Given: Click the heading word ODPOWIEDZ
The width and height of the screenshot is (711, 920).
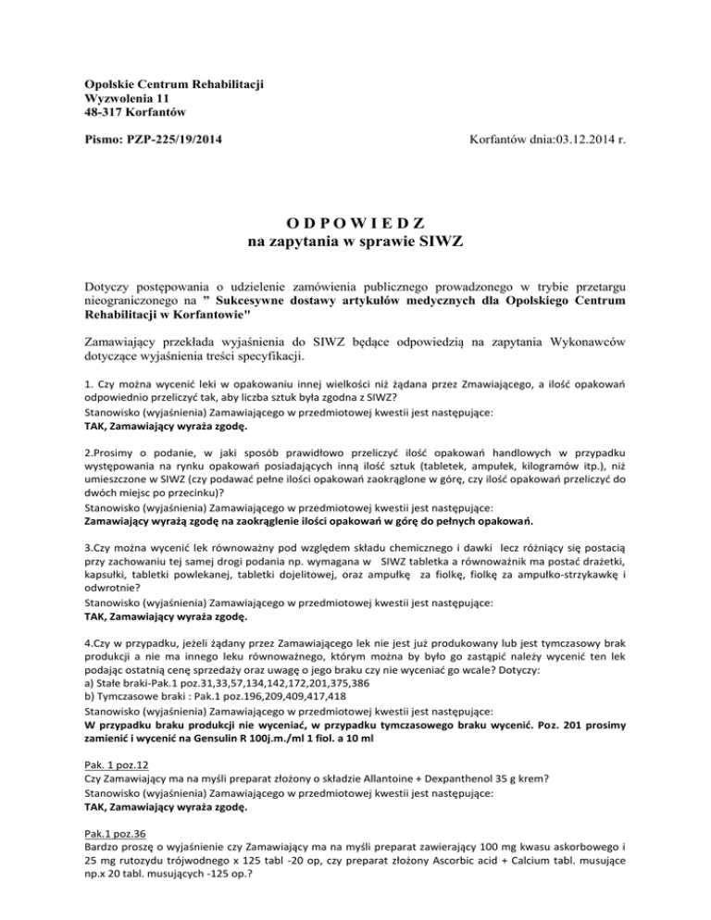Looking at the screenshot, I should click(355, 224).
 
